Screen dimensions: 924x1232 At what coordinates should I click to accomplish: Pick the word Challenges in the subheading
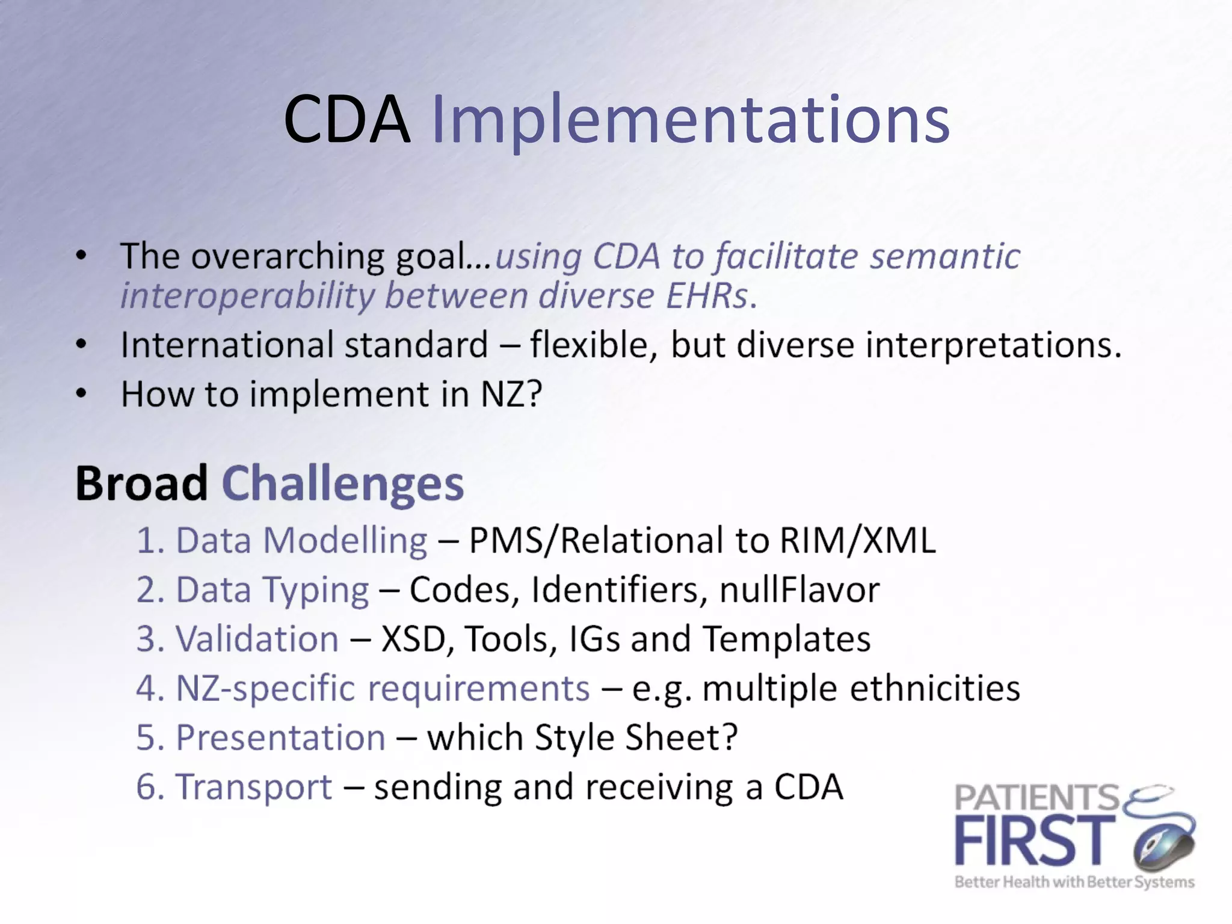click(x=343, y=484)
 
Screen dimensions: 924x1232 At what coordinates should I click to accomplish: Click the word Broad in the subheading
click(x=142, y=484)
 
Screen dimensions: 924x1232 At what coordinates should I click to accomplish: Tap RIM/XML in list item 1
click(x=858, y=540)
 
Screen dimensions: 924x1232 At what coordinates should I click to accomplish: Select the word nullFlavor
click(x=799, y=590)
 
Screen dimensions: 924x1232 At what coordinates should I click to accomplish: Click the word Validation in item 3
click(x=257, y=639)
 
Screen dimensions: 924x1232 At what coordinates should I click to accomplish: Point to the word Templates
click(x=787, y=639)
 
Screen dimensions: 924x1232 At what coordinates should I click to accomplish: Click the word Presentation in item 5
click(x=280, y=738)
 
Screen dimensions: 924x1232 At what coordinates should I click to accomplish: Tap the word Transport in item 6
click(x=253, y=787)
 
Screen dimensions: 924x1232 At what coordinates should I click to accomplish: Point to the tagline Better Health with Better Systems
click(x=1074, y=882)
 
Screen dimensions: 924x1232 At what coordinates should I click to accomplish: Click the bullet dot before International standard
click(x=82, y=345)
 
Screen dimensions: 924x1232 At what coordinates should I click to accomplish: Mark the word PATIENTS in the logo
click(x=1036, y=798)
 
